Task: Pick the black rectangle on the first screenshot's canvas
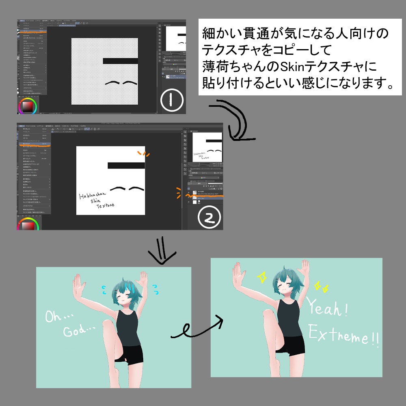pos(120,61)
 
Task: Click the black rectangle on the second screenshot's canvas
pos(126,165)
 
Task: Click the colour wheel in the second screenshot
pos(27,225)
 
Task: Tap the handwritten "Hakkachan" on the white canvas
pos(92,197)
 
